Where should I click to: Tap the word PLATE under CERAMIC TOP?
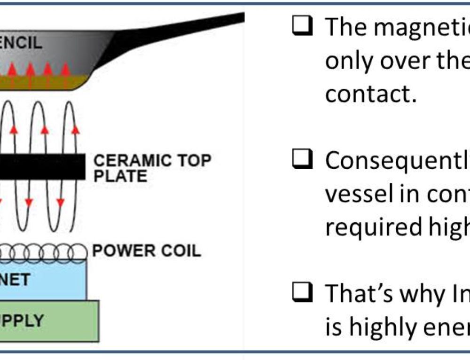[x=120, y=177]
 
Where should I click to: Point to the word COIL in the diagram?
[x=180, y=251]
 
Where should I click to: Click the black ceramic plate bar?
[x=42, y=166]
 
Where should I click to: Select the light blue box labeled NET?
[x=42, y=280]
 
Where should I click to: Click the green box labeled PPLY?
[x=47, y=321]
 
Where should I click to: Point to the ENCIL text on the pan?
[x=21, y=44]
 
